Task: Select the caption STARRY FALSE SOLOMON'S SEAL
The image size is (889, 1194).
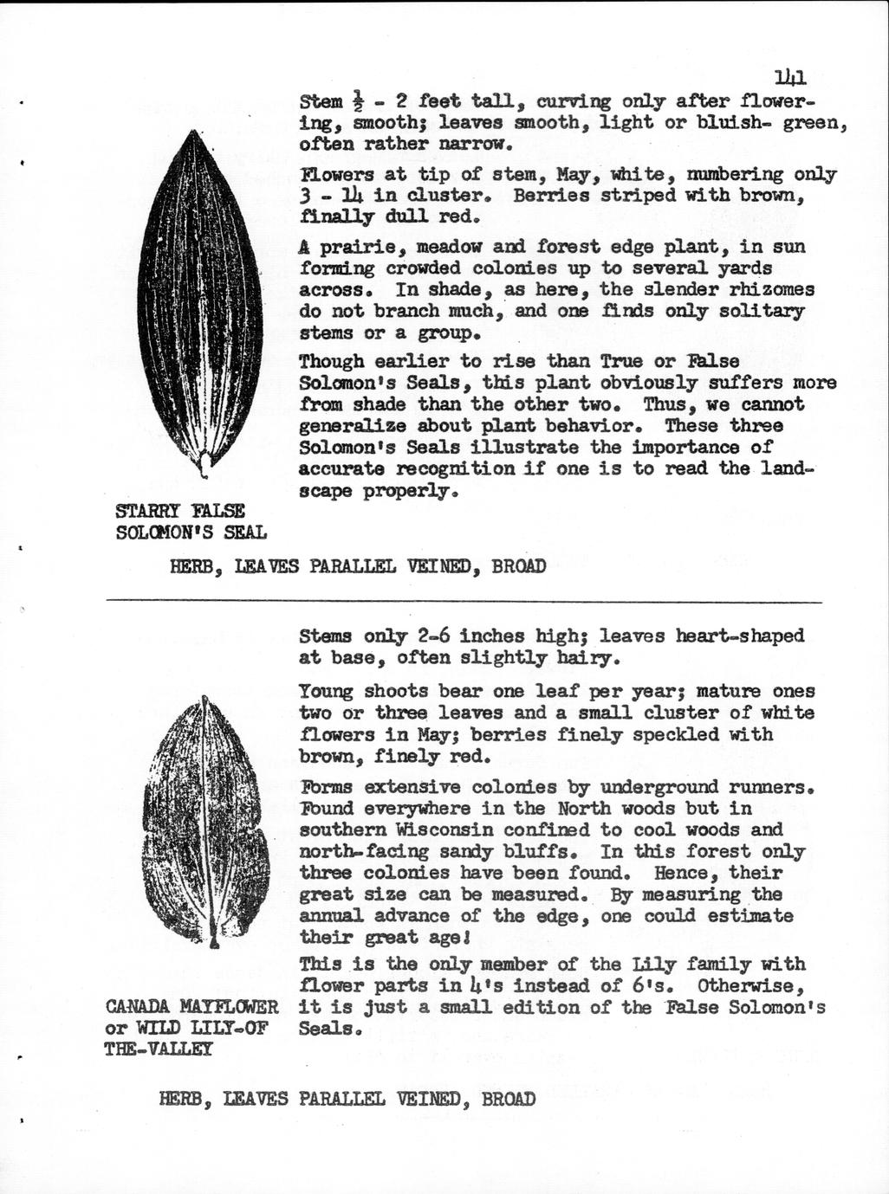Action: (191, 521)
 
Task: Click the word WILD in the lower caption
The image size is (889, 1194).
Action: (165, 1029)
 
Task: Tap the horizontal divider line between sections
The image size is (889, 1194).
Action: (464, 600)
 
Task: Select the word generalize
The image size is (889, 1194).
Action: (353, 427)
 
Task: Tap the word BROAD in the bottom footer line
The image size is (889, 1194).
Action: (508, 1100)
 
